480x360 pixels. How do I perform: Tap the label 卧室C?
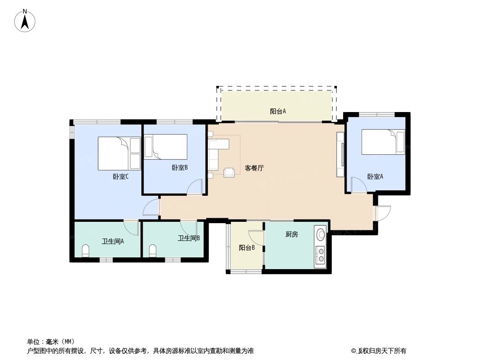(121, 177)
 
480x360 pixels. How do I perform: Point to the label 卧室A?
(375, 177)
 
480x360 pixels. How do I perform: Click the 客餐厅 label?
(254, 168)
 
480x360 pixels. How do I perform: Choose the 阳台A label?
(278, 111)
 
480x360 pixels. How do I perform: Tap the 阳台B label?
(247, 247)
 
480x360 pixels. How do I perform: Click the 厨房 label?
(292, 234)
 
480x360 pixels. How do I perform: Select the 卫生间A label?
(113, 241)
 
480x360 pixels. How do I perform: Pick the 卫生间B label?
(189, 238)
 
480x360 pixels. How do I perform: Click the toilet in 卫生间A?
(86, 251)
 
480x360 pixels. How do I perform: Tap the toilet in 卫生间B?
(152, 251)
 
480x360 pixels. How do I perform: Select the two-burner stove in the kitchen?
(321, 255)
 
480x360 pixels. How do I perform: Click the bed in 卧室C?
(119, 153)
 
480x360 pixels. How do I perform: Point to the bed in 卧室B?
(165, 147)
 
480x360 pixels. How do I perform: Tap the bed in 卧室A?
(383, 142)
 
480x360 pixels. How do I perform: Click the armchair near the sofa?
(229, 172)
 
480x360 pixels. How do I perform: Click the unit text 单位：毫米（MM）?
(51, 342)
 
